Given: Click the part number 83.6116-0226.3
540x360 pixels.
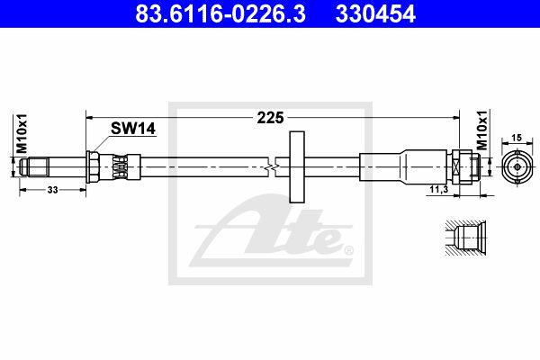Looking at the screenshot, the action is pyautogui.click(x=220, y=13).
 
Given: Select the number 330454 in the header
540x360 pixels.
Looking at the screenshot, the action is pyautogui.click(x=375, y=13).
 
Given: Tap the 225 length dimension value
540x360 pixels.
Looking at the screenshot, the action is pyautogui.click(x=270, y=118).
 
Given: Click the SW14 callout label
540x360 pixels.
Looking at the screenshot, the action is pyautogui.click(x=133, y=129).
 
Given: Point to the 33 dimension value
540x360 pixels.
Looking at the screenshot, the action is pyautogui.click(x=52, y=190).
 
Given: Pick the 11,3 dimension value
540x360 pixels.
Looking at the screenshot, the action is pyautogui.click(x=439, y=189).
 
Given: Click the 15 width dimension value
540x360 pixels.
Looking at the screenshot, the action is pyautogui.click(x=517, y=138).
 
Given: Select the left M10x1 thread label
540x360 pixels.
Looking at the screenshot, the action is pyautogui.click(x=22, y=134).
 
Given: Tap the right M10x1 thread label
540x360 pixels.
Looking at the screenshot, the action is pyautogui.click(x=482, y=130).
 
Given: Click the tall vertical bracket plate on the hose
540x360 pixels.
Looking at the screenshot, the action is pyautogui.click(x=297, y=166).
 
